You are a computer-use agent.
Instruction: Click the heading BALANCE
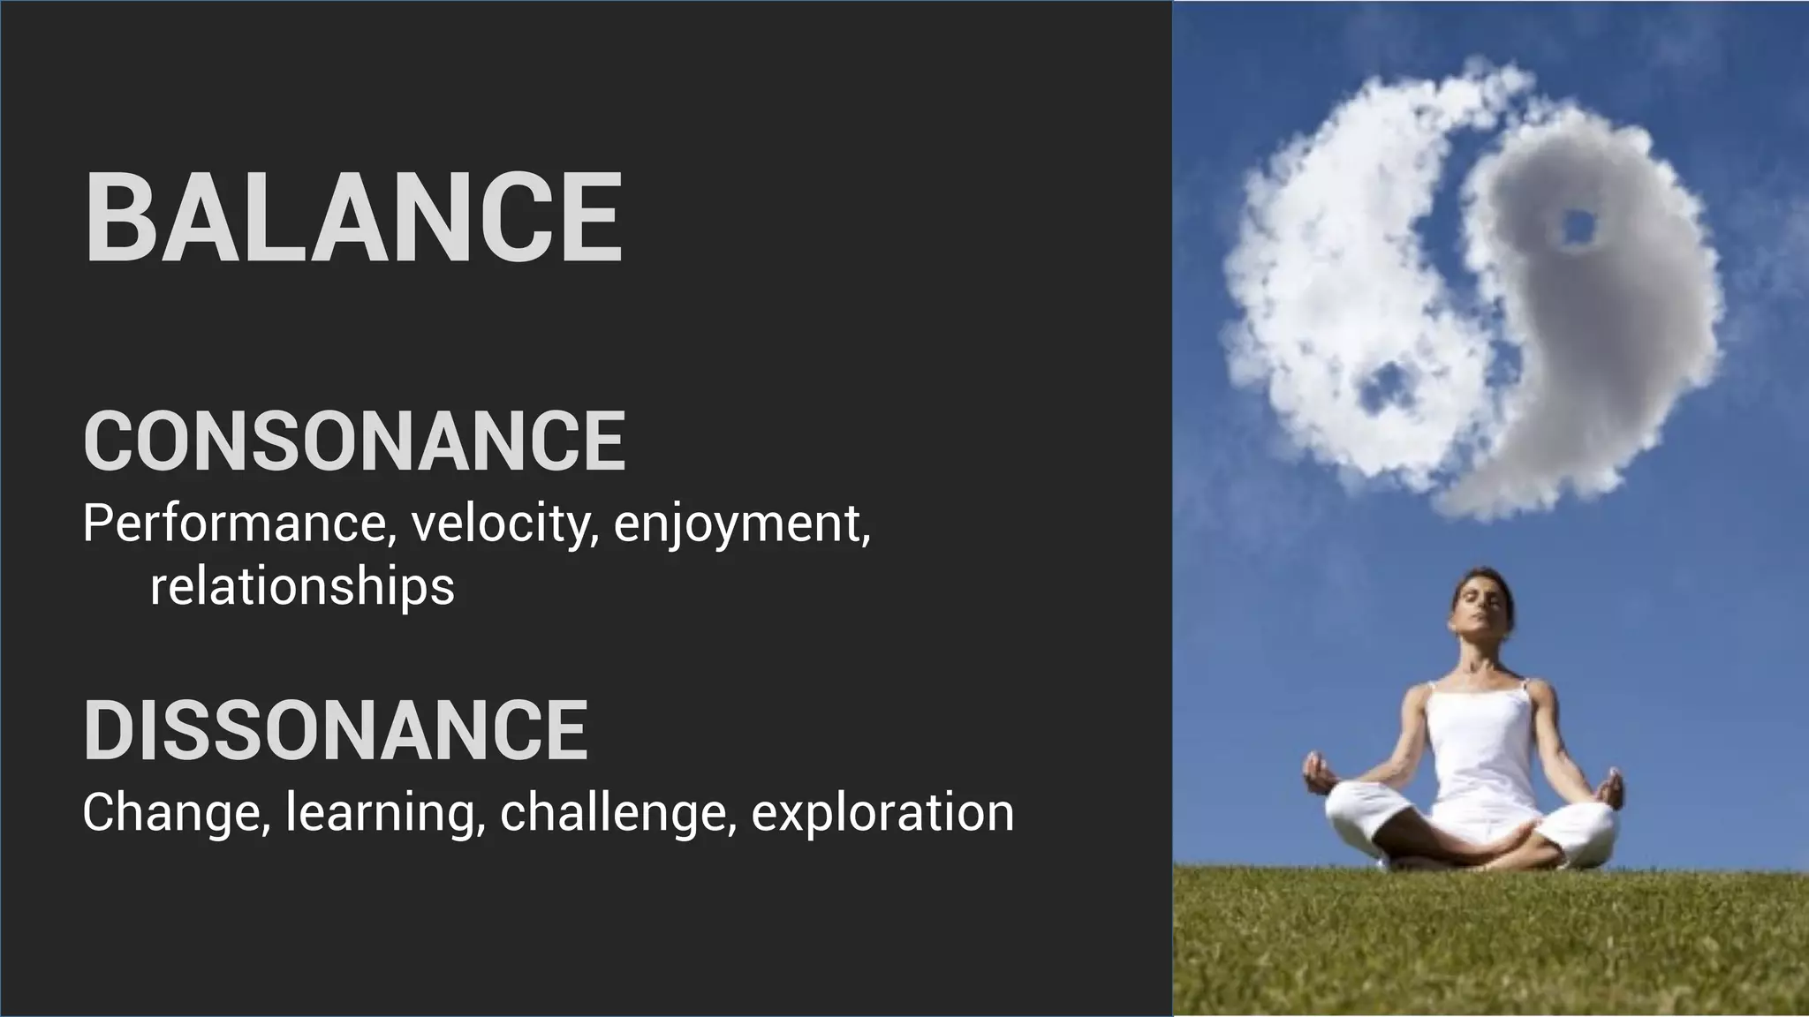(x=353, y=217)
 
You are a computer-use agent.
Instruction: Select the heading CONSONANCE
(x=354, y=441)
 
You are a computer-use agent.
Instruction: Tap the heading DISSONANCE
(x=336, y=730)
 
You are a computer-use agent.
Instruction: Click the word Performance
(x=234, y=524)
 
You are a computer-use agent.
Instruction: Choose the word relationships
(x=302, y=587)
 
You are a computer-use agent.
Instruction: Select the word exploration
(x=882, y=813)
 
